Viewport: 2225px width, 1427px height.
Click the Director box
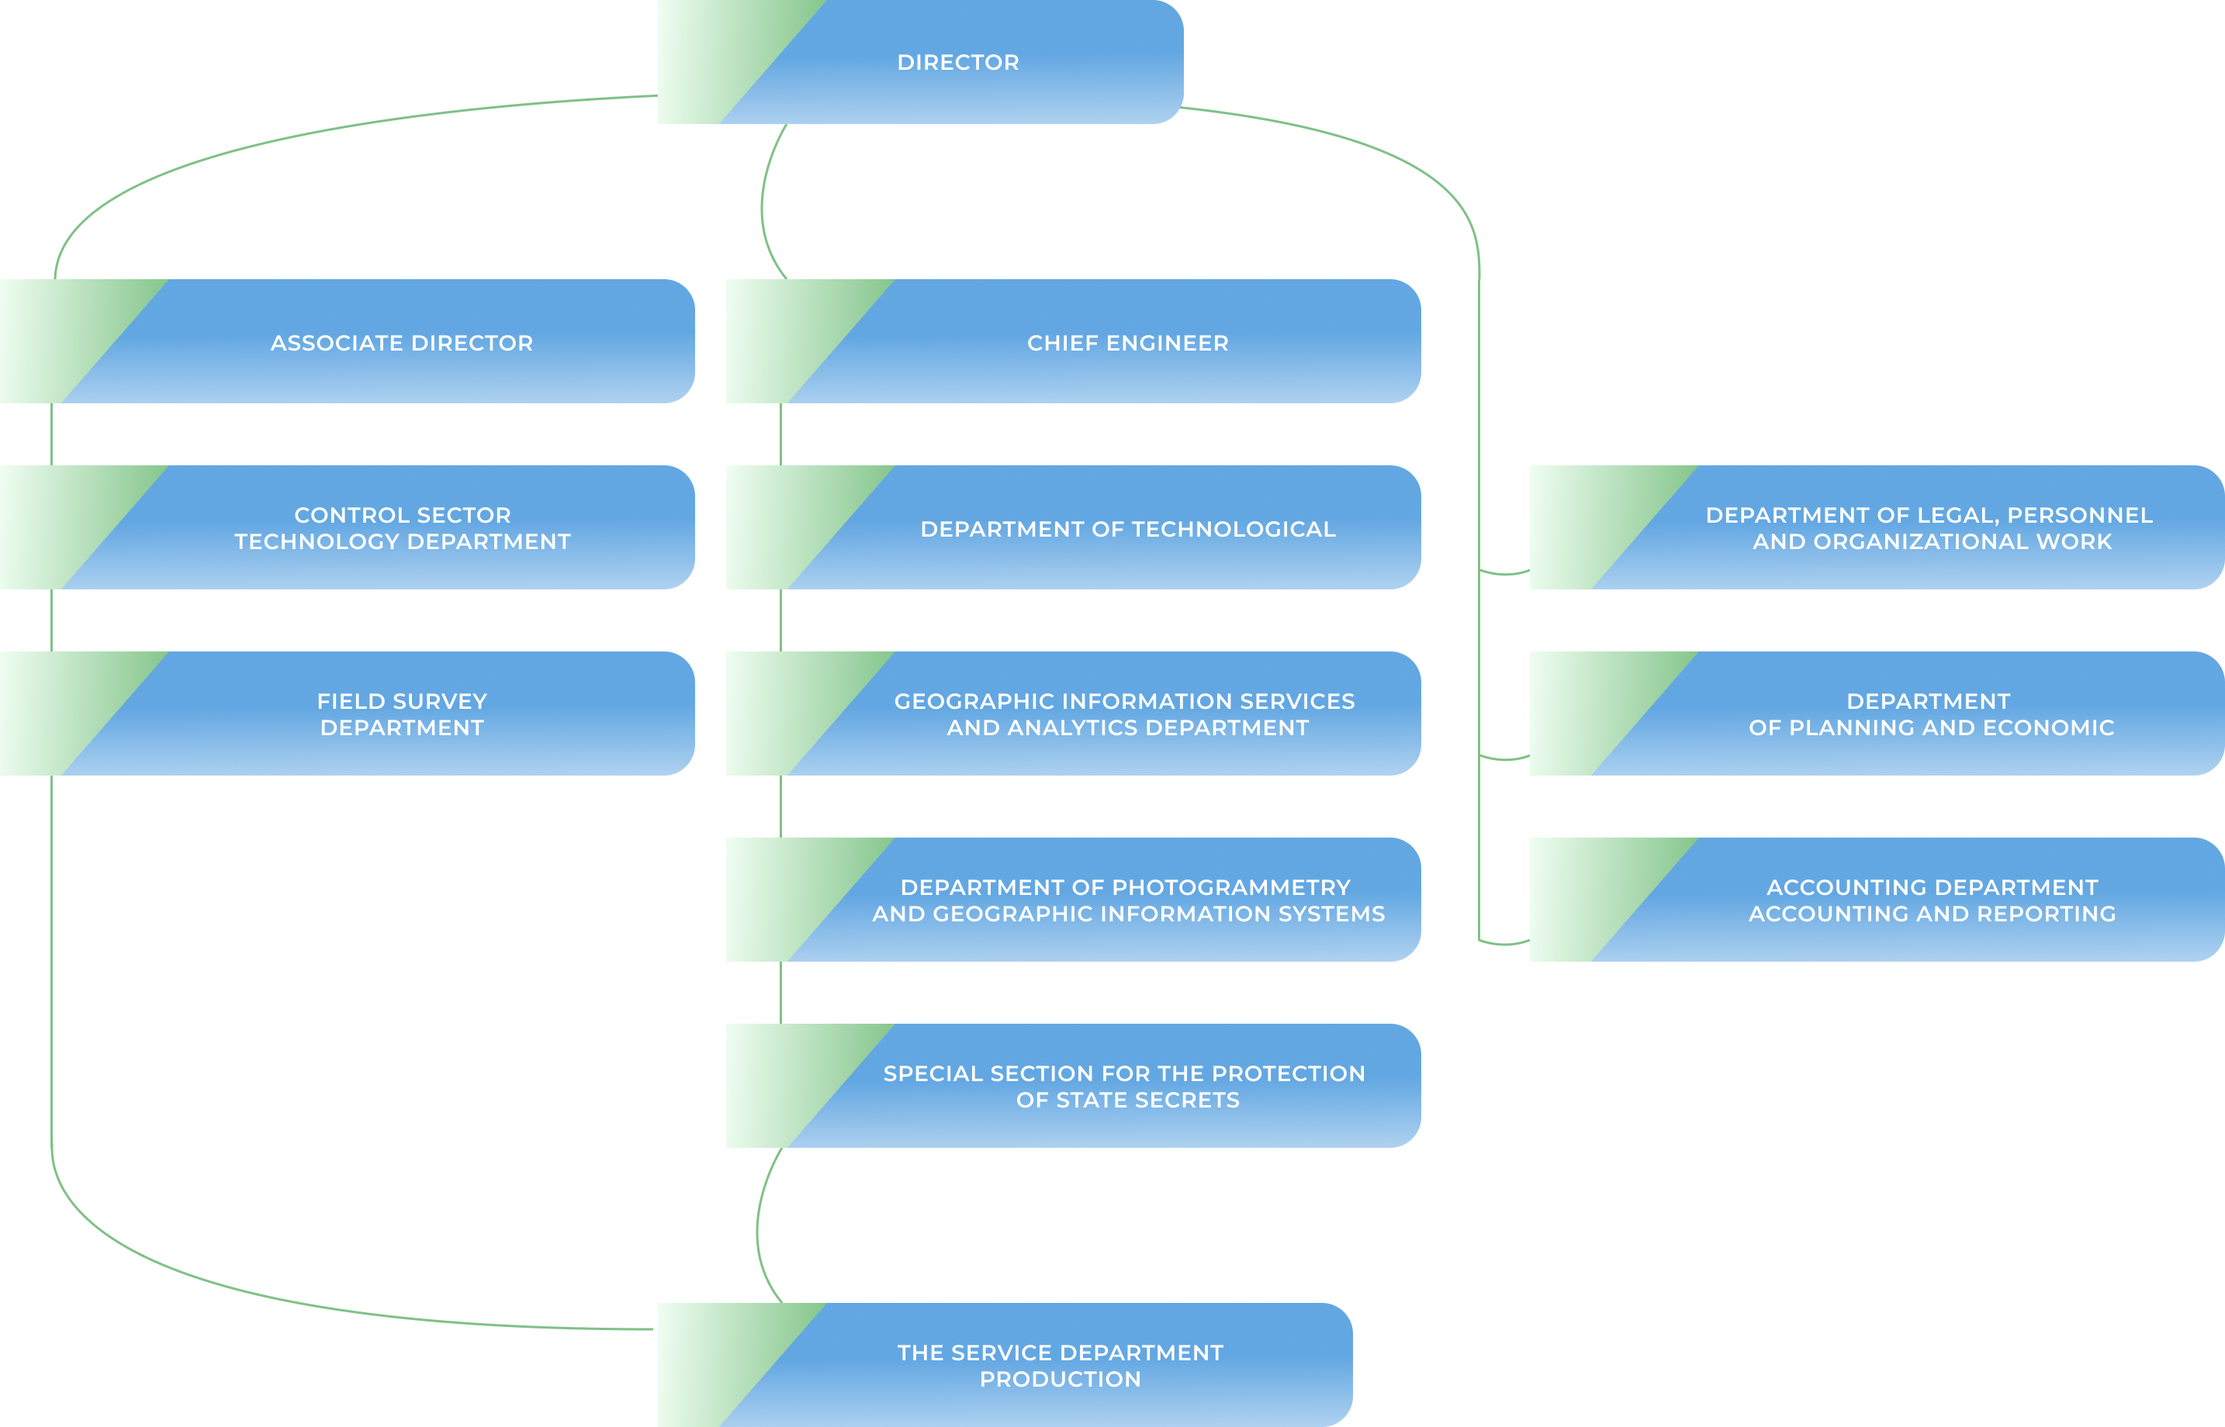pos(957,62)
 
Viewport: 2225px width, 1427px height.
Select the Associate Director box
pos(401,343)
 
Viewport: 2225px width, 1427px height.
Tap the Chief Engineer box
pos(1127,343)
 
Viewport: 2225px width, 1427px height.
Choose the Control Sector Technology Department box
pos(401,528)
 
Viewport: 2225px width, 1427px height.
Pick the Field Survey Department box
pos(401,714)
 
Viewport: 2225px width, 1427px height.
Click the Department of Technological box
pos(1127,529)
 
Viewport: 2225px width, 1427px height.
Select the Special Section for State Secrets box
pos(1124,1086)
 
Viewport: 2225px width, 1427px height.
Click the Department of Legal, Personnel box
pos(1930,528)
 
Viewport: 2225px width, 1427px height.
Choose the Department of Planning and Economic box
pos(1930,714)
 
